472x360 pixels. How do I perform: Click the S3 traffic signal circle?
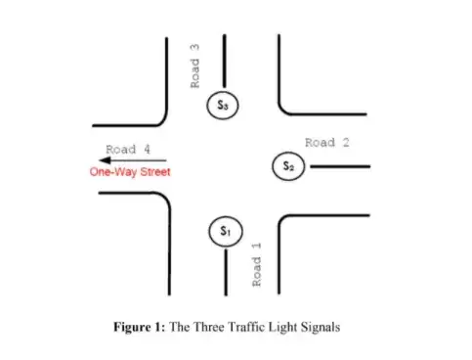(x=224, y=105)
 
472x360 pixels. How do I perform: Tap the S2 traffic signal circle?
(x=288, y=166)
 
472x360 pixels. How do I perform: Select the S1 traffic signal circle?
(x=225, y=232)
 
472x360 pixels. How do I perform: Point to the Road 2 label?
(x=326, y=143)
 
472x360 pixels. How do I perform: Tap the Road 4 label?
(x=127, y=149)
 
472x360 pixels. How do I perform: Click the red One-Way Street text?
(x=130, y=172)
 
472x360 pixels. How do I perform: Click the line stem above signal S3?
(x=225, y=63)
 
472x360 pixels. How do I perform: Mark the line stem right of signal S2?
(x=337, y=166)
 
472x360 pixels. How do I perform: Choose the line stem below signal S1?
(x=226, y=269)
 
